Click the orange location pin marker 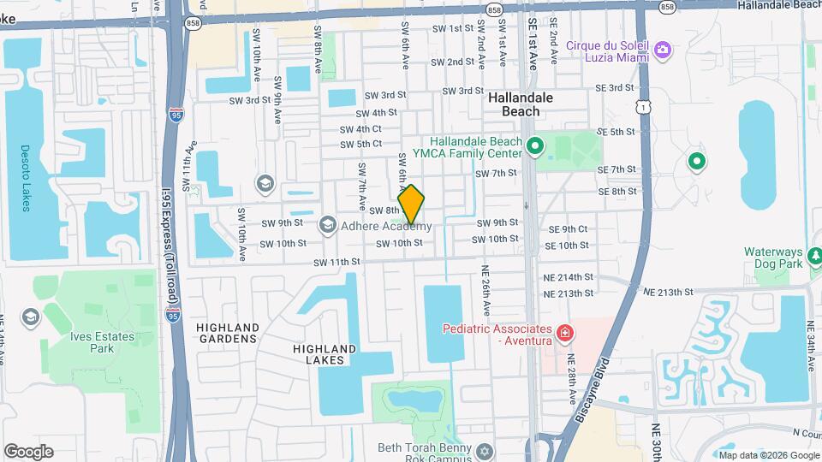(x=411, y=204)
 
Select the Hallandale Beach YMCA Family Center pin (x=535, y=146)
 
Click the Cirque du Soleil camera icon (x=662, y=50)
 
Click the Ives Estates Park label (x=103, y=342)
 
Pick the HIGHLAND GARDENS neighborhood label (x=227, y=333)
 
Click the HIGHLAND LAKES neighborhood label (x=324, y=354)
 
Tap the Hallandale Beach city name (x=521, y=104)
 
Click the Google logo (x=28, y=452)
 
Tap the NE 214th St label (x=569, y=277)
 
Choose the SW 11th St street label (x=337, y=262)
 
